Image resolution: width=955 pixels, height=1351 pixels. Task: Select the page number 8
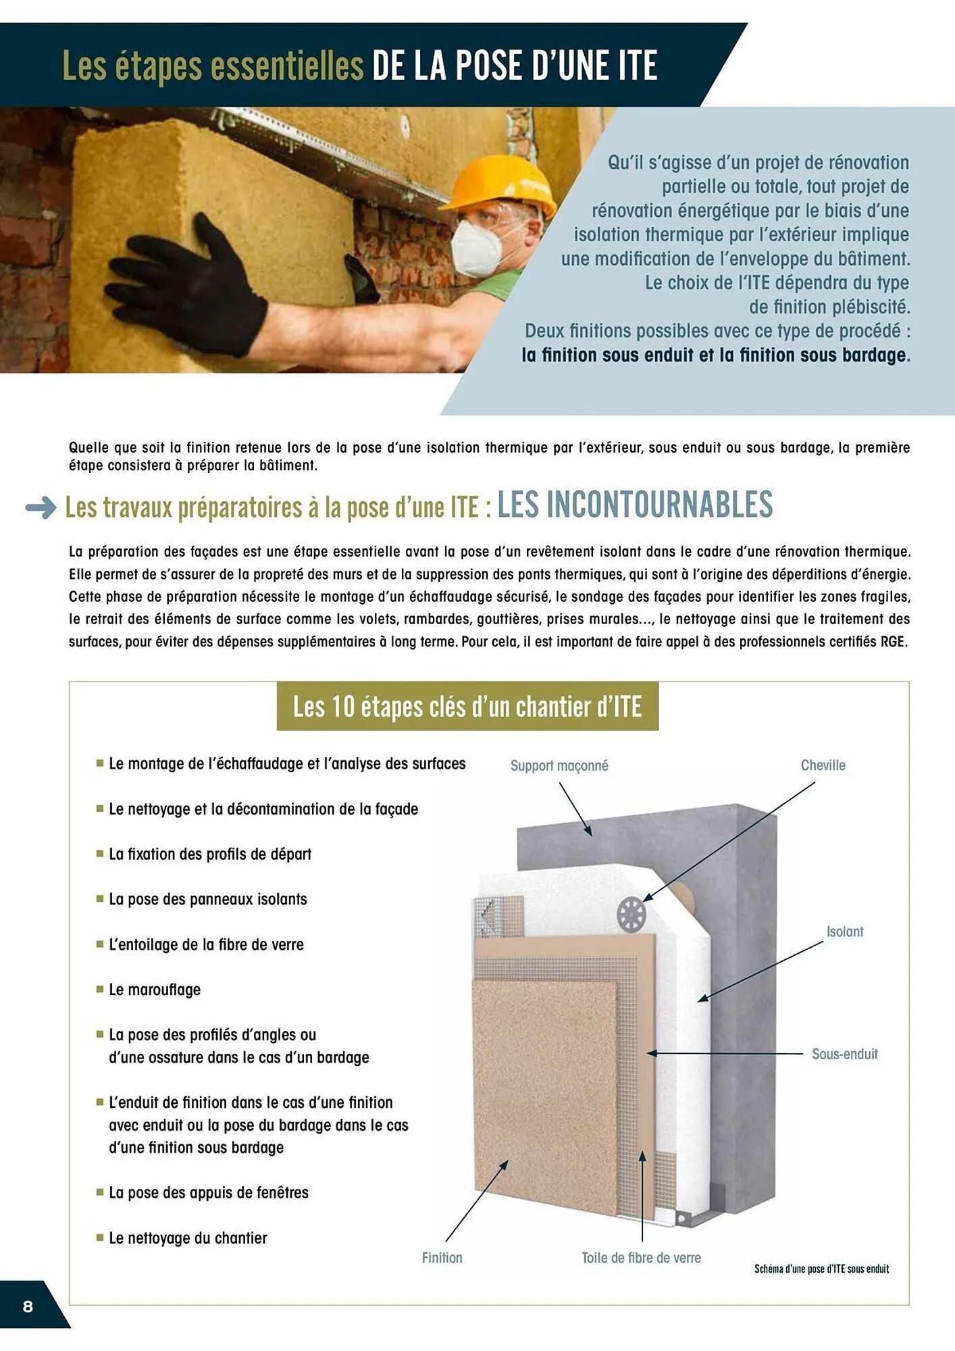(28, 1306)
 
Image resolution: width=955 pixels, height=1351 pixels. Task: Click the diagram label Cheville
(823, 765)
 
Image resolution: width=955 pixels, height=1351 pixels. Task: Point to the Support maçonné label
(559, 765)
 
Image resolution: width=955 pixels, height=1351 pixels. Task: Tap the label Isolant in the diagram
(844, 932)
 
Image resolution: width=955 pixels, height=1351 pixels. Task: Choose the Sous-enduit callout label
(844, 1054)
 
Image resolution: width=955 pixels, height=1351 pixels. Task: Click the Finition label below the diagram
(442, 1258)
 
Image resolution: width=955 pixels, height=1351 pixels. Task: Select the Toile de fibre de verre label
(641, 1258)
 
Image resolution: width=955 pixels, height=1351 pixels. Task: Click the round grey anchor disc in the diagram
(631, 915)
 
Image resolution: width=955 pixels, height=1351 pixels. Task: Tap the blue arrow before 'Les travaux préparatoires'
(41, 507)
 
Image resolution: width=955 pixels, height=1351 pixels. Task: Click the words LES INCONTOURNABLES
(635, 505)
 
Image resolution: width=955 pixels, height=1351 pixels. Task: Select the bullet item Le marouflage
(155, 990)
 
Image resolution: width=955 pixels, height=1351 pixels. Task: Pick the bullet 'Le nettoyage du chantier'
(188, 1238)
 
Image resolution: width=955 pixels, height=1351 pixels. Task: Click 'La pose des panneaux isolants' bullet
(207, 899)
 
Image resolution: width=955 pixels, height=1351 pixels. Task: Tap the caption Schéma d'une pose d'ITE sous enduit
(821, 1269)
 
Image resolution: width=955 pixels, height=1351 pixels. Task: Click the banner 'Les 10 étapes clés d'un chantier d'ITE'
(467, 707)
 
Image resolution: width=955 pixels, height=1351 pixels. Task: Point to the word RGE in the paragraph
(894, 642)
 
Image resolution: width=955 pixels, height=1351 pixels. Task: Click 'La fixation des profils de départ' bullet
(210, 854)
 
